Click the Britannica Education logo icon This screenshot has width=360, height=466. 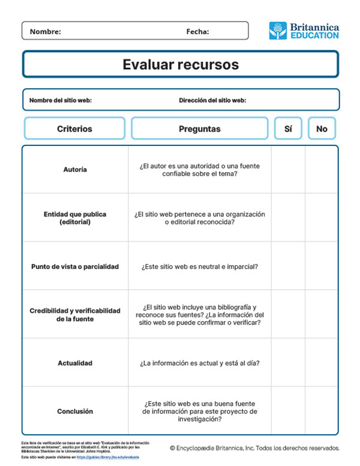tap(278, 31)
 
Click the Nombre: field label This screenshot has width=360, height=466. tap(45, 31)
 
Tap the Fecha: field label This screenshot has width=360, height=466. tap(197, 31)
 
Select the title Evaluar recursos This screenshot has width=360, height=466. tap(181, 64)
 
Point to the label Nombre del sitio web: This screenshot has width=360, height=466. tap(60, 100)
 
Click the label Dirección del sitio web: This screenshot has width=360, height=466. tap(212, 100)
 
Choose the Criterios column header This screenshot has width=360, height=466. tap(74, 129)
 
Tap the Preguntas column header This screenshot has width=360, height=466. tap(199, 129)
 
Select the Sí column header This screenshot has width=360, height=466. tap(288, 129)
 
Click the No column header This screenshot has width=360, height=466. tap(322, 129)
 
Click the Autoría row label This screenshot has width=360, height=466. tap(75, 169)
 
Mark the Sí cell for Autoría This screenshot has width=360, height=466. tap(288, 169)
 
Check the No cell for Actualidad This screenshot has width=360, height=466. tap(322, 363)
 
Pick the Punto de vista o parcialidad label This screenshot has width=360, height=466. tap(75, 266)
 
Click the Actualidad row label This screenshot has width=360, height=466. tap(75, 363)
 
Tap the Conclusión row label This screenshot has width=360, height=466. tap(75, 411)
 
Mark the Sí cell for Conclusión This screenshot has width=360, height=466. tap(288, 411)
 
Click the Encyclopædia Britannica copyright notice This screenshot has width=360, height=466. tap(254, 448)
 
